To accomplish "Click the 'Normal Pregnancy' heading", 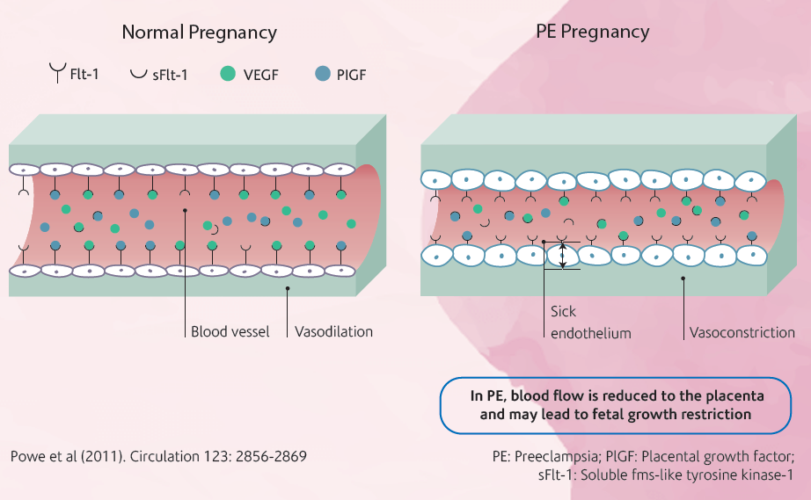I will click(x=199, y=33).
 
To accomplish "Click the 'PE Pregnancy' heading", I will click(x=592, y=33).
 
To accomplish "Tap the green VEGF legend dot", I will click(x=228, y=74).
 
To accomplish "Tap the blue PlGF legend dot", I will click(x=321, y=74).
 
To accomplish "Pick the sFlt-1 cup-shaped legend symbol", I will click(x=138, y=73).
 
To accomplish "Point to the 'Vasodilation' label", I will click(x=333, y=332).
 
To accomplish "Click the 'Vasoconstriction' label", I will click(x=742, y=333).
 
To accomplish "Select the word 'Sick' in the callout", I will click(x=564, y=311).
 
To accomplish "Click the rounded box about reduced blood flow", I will click(x=616, y=405).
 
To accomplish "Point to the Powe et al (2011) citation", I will click(x=158, y=456).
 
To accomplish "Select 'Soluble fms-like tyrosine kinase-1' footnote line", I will click(x=676, y=475).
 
